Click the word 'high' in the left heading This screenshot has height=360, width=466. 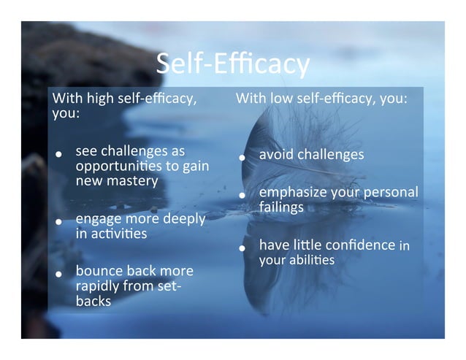coord(99,99)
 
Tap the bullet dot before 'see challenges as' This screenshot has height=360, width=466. coord(58,156)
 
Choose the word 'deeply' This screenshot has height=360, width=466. coord(180,219)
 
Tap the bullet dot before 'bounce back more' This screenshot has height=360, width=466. coord(58,275)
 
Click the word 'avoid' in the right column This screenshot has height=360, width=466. coord(275,155)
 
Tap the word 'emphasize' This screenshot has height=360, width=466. coord(291,193)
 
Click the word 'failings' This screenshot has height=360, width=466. coord(281,207)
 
